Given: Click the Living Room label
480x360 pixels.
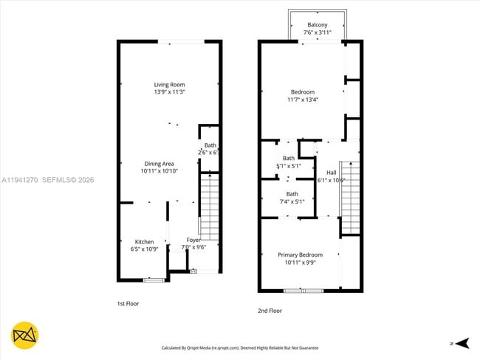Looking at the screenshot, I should click(x=169, y=84).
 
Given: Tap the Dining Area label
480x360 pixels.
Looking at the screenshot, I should click(x=159, y=163).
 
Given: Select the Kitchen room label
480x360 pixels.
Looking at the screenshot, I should click(x=144, y=241).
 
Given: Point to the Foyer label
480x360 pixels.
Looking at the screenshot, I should click(x=193, y=240).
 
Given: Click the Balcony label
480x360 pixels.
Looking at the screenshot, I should click(x=318, y=25).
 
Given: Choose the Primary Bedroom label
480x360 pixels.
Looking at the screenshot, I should click(x=300, y=255).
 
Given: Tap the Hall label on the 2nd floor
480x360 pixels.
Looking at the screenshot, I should click(x=331, y=172).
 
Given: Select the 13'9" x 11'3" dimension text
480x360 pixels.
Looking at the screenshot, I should click(x=169, y=92).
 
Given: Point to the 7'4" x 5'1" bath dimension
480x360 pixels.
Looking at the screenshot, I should click(x=292, y=201).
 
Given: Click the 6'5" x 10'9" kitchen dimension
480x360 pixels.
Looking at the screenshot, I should click(x=144, y=249).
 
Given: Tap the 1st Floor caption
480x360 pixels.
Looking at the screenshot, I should click(x=128, y=303).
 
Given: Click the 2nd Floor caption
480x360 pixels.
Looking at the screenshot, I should click(x=270, y=311).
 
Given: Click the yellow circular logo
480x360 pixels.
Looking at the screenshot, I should click(x=25, y=336).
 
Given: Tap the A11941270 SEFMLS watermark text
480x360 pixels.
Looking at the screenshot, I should click(x=48, y=179).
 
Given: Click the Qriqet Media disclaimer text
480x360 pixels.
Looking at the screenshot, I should click(x=240, y=347).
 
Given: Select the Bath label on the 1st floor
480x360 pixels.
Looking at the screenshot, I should click(x=210, y=145).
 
